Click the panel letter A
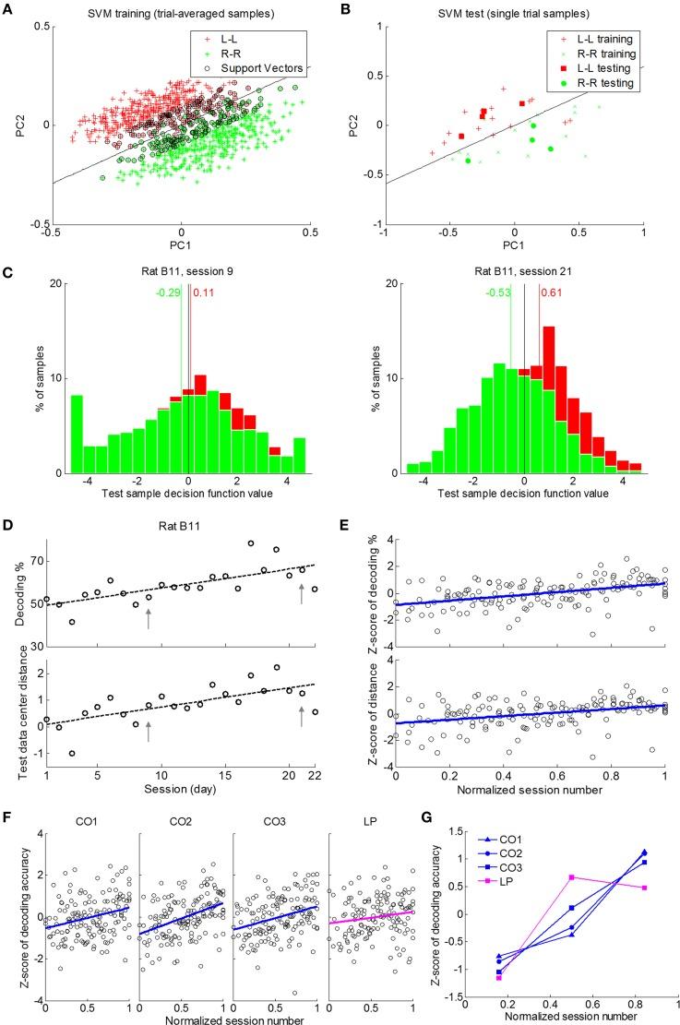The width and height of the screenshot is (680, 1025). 11,8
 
